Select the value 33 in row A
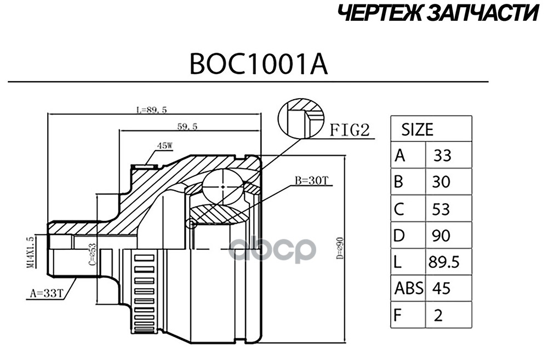click(x=442, y=157)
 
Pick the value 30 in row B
click(x=441, y=182)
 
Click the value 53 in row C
click(x=441, y=209)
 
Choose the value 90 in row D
click(x=441, y=236)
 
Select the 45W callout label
click(x=164, y=146)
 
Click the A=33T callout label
click(x=44, y=294)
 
